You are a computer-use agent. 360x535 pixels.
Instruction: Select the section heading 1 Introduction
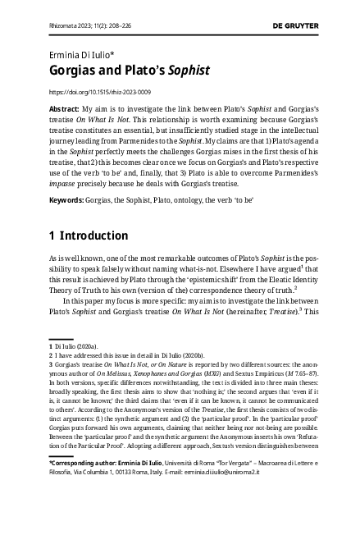[x=89, y=235]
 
